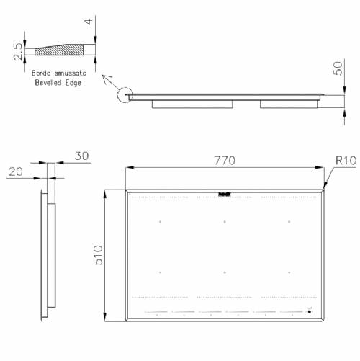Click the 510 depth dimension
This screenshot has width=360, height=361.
tap(99, 256)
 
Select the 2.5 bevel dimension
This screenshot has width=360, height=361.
tap(17, 52)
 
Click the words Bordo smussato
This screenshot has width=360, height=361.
tap(58, 73)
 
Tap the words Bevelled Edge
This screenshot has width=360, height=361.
tap(58, 83)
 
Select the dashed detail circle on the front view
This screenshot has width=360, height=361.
tap(124, 96)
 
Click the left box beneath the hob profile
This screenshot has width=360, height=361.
tap(193, 104)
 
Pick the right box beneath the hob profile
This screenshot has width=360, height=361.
tap(288, 104)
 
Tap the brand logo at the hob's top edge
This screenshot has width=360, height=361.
tap(224, 193)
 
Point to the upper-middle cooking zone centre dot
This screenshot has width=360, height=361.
tap(225, 221)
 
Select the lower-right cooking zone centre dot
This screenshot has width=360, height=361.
tap(289, 272)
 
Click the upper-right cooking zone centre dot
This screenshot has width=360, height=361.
tap(289, 221)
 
